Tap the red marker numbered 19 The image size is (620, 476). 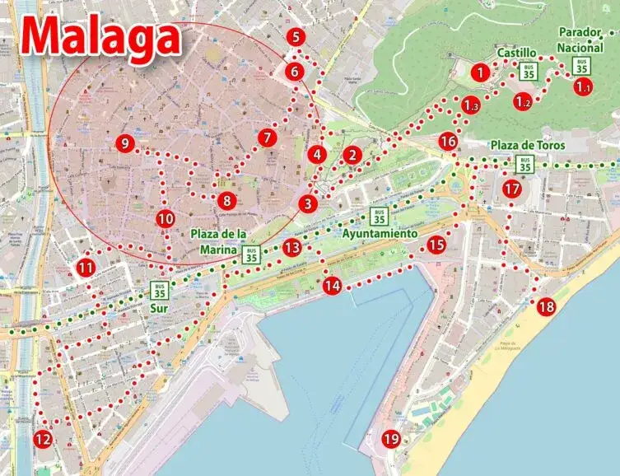point(391,440)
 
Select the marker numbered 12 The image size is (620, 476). point(43,439)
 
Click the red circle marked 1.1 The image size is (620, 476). point(583,86)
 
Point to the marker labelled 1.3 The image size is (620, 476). point(470,105)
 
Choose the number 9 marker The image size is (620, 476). point(124,144)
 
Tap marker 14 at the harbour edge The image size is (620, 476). point(332,286)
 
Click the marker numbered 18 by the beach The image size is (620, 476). point(546,307)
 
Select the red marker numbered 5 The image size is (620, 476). point(296,37)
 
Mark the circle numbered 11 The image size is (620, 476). point(86,268)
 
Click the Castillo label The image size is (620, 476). point(517,53)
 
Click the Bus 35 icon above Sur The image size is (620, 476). point(160,290)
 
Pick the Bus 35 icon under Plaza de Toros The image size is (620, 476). point(523,164)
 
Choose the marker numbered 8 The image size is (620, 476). point(226,200)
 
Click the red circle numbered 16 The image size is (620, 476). point(448,142)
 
